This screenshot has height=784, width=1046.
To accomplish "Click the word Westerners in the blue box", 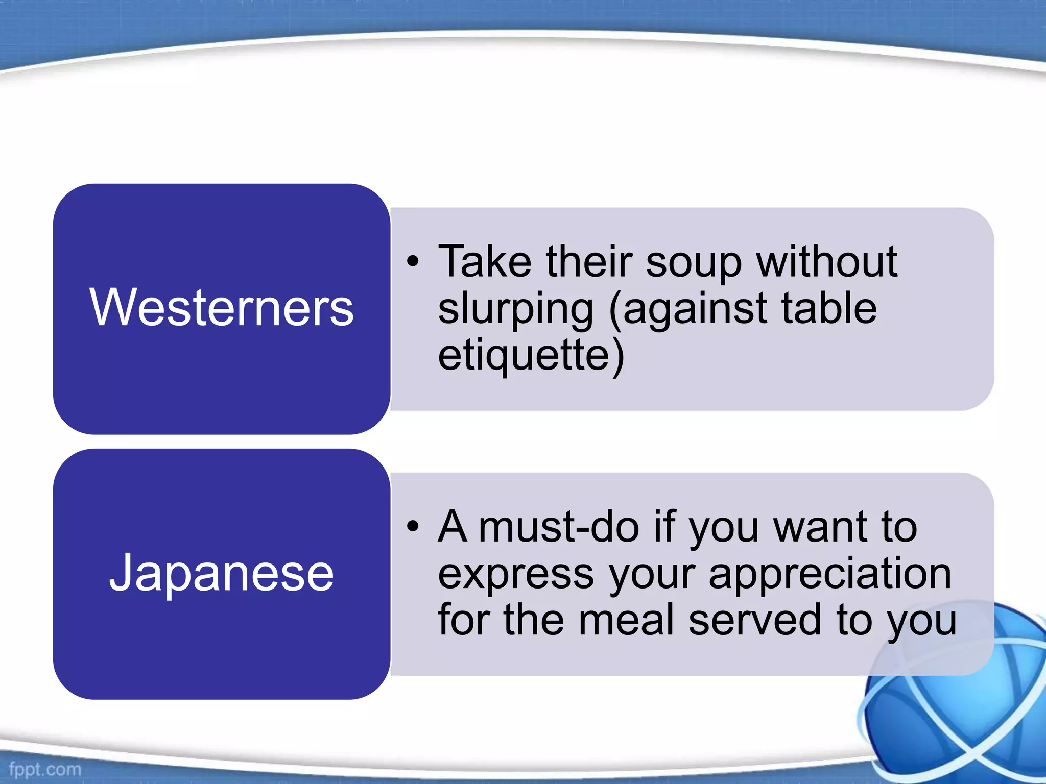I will pyautogui.click(x=221, y=307).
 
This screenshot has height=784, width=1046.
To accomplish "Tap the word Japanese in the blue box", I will pyautogui.click(x=221, y=573).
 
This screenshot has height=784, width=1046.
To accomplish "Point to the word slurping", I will pyautogui.click(x=516, y=309).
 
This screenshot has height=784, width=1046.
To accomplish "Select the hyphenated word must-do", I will pyautogui.click(x=559, y=527).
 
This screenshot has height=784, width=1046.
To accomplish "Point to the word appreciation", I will pyautogui.click(x=830, y=574).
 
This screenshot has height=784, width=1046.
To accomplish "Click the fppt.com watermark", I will pyautogui.click(x=45, y=769).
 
